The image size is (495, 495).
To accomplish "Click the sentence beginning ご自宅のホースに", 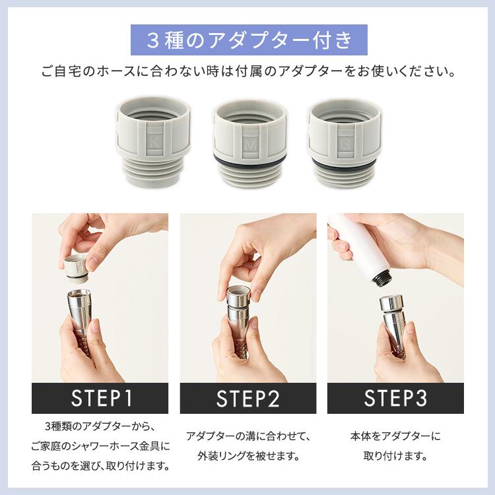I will [x=247, y=70].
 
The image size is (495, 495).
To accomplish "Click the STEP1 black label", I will [x=100, y=398].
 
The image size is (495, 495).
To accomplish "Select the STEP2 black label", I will [x=247, y=398].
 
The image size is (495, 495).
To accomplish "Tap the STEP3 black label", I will [x=395, y=398].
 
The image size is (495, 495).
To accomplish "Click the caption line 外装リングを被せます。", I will [x=247, y=455].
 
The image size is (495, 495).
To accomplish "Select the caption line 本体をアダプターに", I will [x=395, y=436].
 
